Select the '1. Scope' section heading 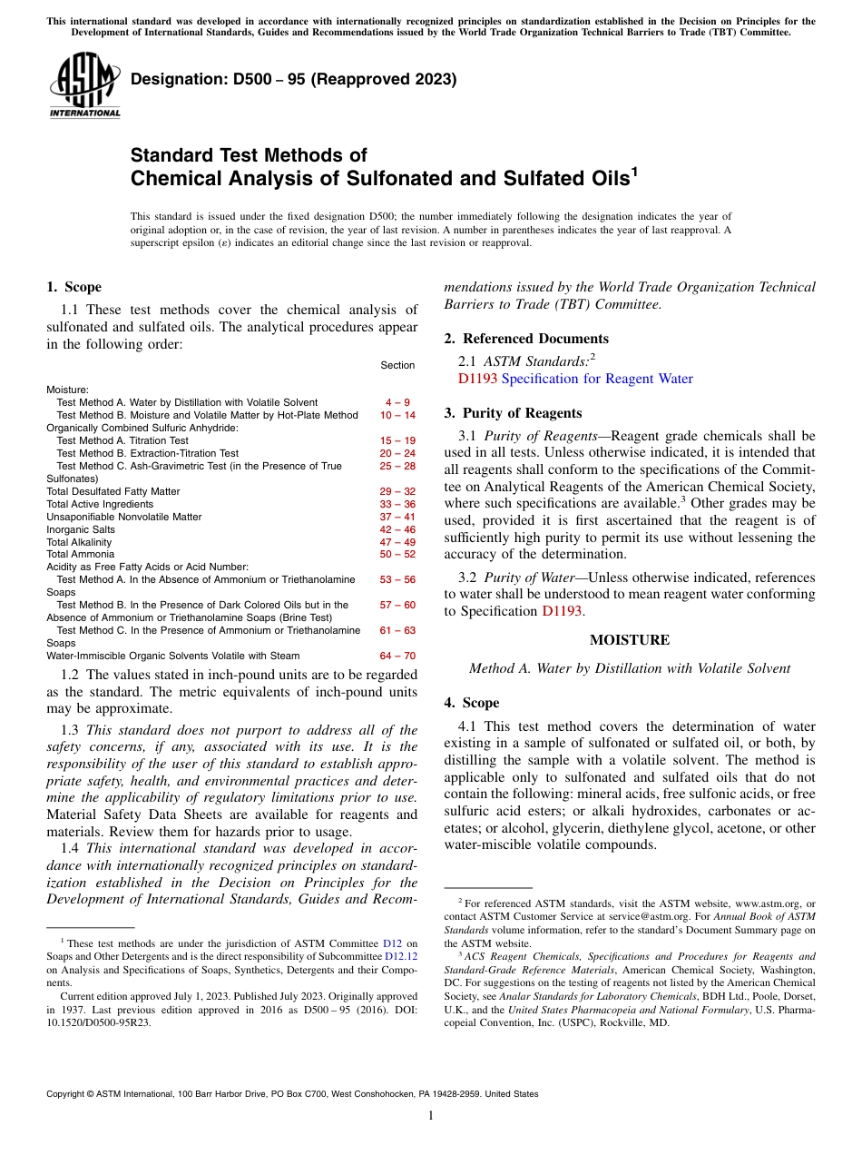coord(73,287)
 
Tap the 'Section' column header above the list coord(397,365)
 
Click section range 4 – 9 coord(397,402)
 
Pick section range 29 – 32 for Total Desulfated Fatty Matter coord(397,491)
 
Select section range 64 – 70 coord(397,656)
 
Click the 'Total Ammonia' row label coord(80,554)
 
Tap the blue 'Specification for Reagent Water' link coord(597,379)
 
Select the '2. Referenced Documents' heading coord(526,339)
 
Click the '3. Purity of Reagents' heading coord(513,413)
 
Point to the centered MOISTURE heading coord(629,640)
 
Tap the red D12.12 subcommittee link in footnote coord(401,956)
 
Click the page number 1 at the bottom coord(431,1116)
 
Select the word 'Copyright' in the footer coord(69,1094)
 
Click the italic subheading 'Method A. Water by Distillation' coord(629,668)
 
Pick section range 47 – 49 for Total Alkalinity coord(397,542)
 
